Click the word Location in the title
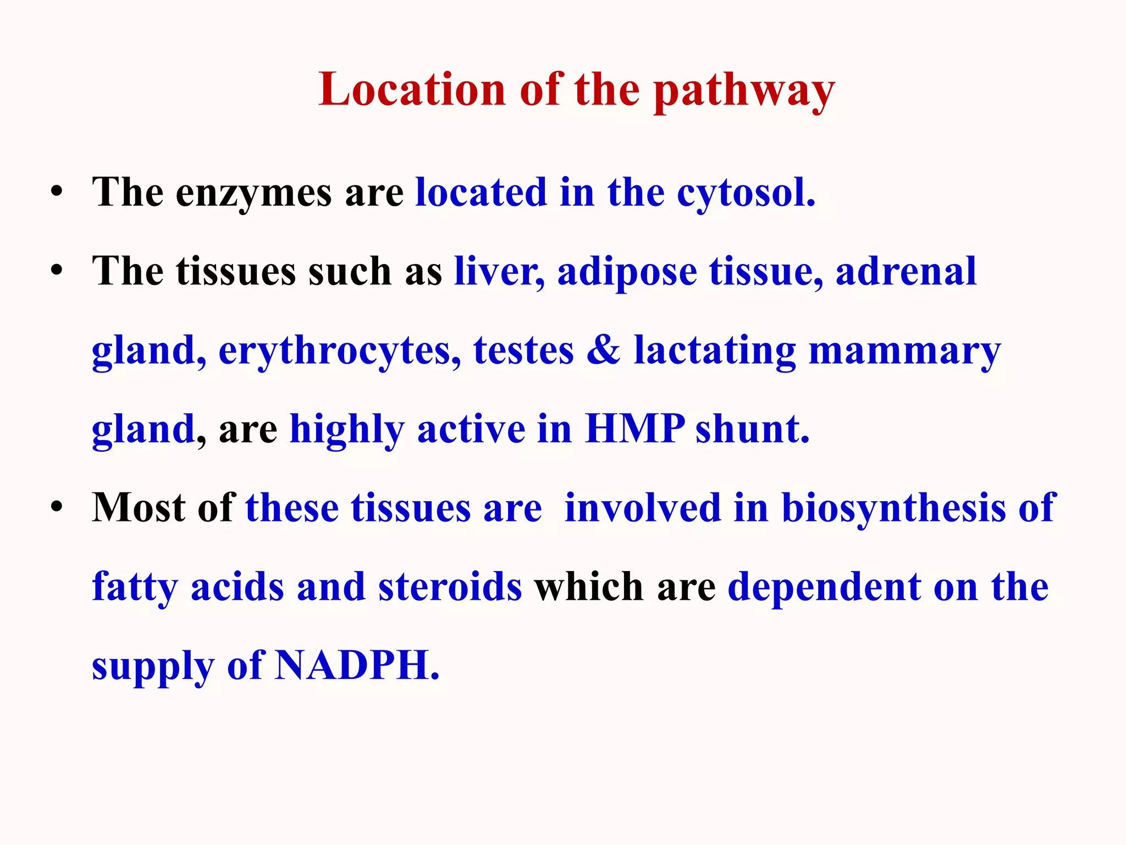[412, 90]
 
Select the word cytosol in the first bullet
[745, 194]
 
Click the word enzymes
[253, 194]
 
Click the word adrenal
[906, 272]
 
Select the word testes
[523, 351]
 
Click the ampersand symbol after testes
[603, 350]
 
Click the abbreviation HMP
[634, 429]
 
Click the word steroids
[450, 587]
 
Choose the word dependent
[824, 587]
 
